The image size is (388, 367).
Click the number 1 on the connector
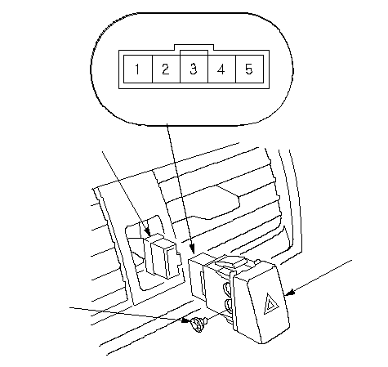(x=137, y=69)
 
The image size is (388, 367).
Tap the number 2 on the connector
(x=165, y=69)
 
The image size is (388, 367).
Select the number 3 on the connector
(x=194, y=69)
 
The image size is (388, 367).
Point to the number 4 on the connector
(x=221, y=69)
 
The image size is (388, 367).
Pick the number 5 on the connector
(x=249, y=69)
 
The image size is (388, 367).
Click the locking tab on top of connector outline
(x=194, y=47)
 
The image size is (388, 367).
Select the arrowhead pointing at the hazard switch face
(x=289, y=293)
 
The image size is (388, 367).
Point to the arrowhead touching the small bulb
(x=186, y=320)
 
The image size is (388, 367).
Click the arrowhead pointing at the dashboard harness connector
(x=148, y=232)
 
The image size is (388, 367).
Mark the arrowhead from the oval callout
(x=192, y=248)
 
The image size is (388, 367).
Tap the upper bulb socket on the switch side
(x=227, y=288)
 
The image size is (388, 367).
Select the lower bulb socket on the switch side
(x=228, y=305)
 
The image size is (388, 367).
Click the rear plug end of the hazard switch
(x=198, y=275)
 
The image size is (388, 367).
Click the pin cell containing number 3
(x=194, y=69)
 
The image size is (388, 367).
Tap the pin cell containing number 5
(x=249, y=69)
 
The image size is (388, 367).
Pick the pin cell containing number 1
(x=138, y=69)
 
